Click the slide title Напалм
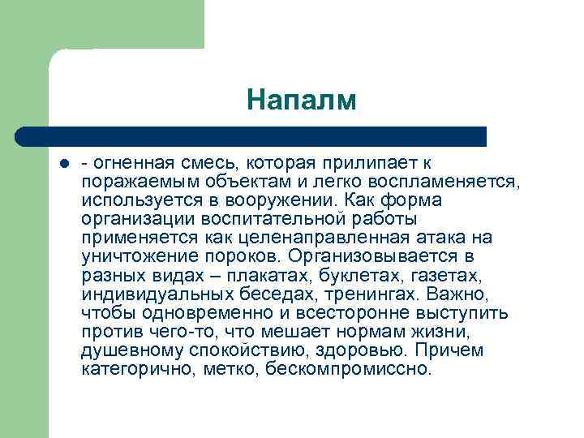click(302, 101)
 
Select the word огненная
click(129, 162)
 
